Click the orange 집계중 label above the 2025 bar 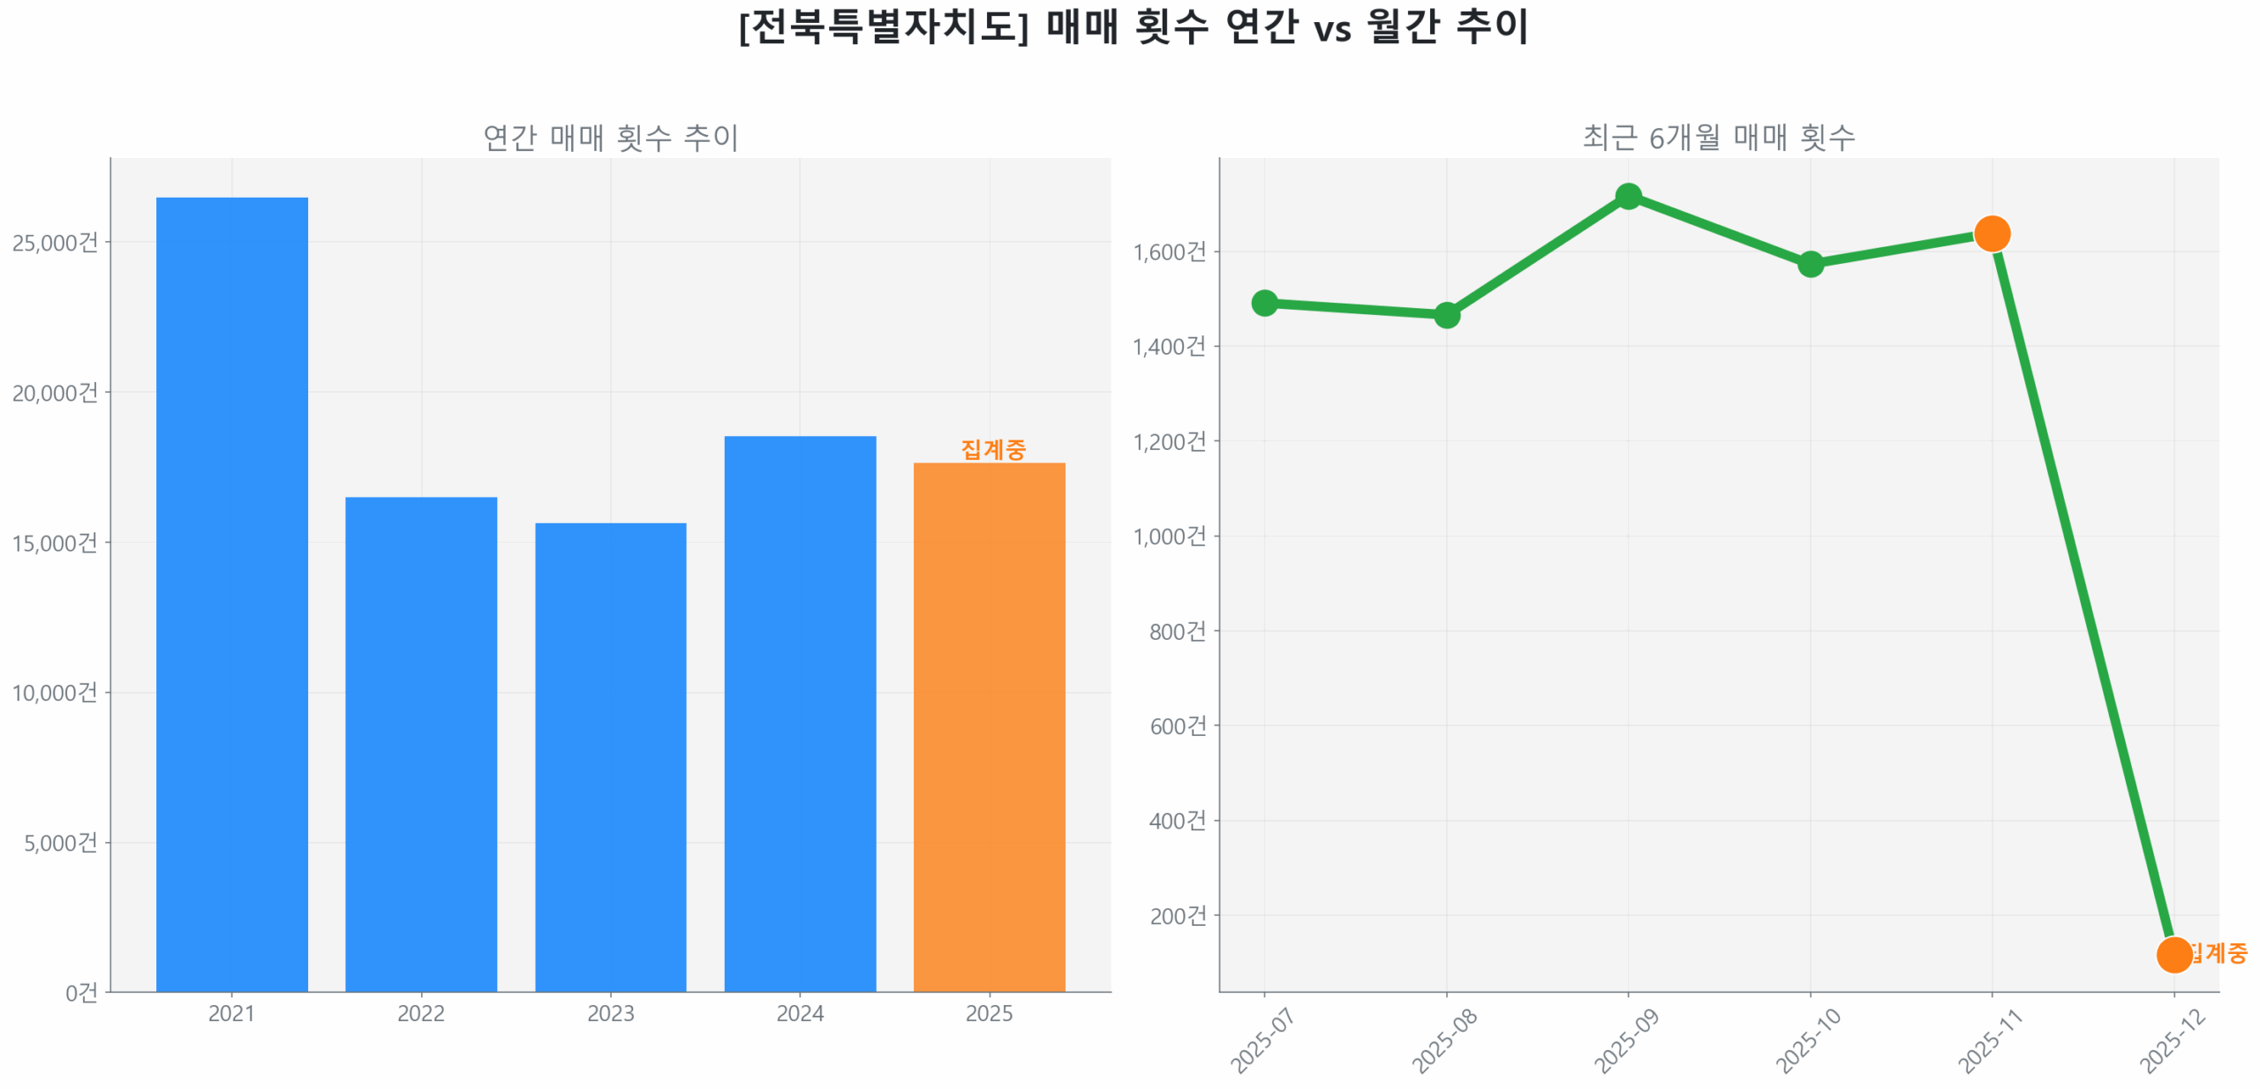[993, 449]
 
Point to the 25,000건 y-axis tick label [55, 242]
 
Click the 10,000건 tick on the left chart [55, 692]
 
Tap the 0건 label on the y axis [81, 993]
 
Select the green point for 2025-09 [1628, 196]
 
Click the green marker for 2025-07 [1264, 303]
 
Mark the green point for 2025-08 [1446, 314]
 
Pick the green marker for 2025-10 [1810, 264]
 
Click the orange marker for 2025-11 [1992, 234]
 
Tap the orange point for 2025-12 [2173, 955]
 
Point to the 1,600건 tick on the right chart [1169, 252]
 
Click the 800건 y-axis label [1177, 631]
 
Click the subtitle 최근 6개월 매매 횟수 [1718, 137]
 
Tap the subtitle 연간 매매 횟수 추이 [610, 137]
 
